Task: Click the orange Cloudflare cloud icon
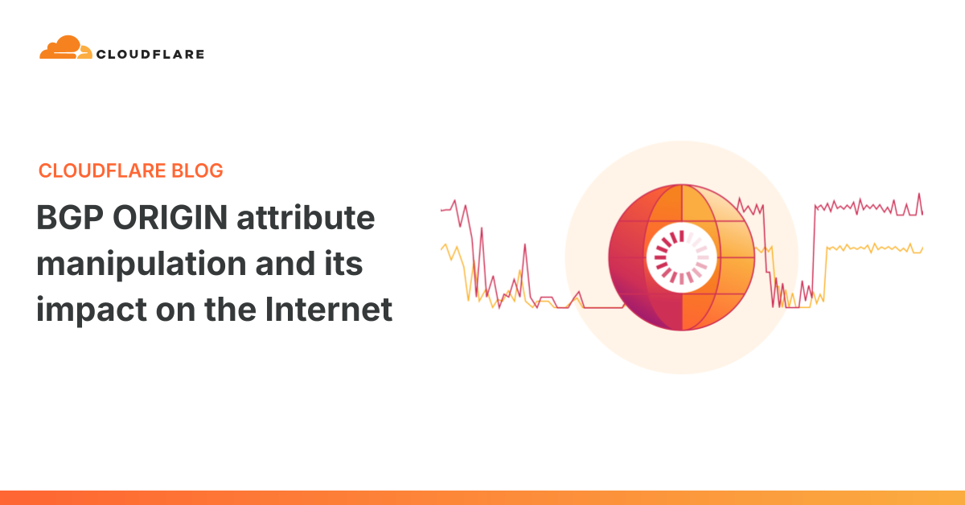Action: [x=65, y=47]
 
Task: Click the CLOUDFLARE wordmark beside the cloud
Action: [x=150, y=55]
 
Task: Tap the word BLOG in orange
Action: [x=197, y=170]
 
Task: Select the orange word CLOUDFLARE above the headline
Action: [x=102, y=170]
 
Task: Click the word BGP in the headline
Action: [x=70, y=218]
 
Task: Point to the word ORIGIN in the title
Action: [x=170, y=218]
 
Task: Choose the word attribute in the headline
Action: [x=306, y=218]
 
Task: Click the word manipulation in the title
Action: [x=142, y=265]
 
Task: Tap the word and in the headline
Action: [x=285, y=264]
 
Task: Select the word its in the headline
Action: [x=343, y=264]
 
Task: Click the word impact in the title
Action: [x=92, y=310]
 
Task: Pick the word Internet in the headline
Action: [x=329, y=310]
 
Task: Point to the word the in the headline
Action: [x=231, y=310]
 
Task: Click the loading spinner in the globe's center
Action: [x=682, y=257]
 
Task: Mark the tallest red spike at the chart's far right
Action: [x=919, y=195]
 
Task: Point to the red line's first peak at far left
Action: [x=454, y=201]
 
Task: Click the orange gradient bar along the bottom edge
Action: [x=482, y=498]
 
